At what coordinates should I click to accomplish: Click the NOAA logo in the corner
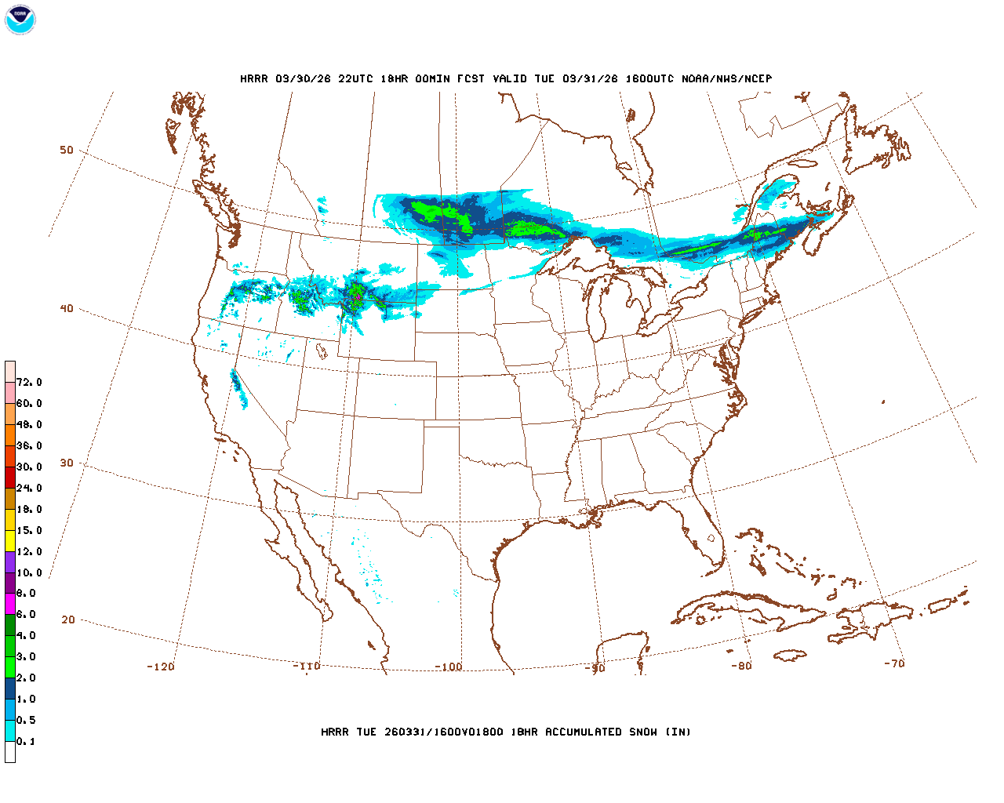tap(20, 20)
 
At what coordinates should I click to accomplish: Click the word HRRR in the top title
tap(253, 78)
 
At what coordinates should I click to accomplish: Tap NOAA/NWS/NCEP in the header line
tap(726, 78)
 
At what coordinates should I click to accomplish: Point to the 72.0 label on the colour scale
tap(29, 383)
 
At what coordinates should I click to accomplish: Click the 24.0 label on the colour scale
tap(29, 488)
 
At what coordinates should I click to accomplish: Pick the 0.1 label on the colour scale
tap(26, 741)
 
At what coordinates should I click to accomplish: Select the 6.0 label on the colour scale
tap(26, 615)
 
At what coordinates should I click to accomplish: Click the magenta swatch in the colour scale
tap(10, 604)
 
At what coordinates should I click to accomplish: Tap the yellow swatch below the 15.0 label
tap(10, 541)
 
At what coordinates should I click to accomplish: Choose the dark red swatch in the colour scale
tap(10, 477)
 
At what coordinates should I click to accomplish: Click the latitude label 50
tap(67, 150)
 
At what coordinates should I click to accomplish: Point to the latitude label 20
tap(68, 620)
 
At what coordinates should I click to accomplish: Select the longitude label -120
tap(161, 667)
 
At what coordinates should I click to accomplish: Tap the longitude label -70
tap(894, 663)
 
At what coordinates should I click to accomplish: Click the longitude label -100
tap(449, 667)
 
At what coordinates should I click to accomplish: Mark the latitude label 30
tap(67, 463)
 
